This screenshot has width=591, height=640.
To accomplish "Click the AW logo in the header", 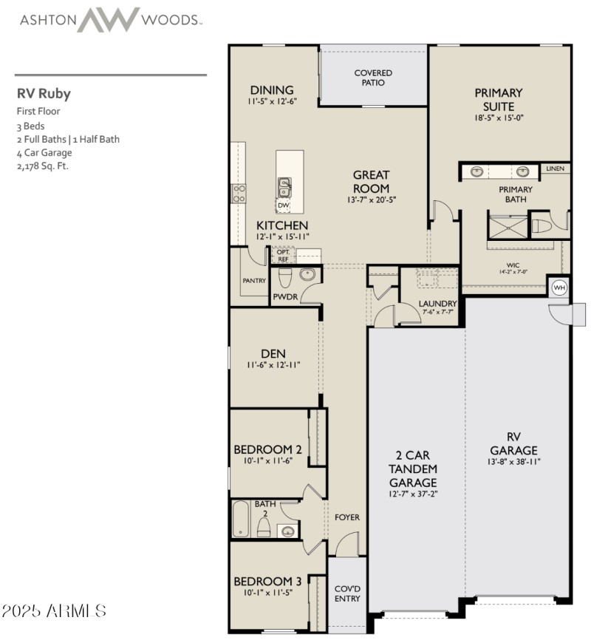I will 109,20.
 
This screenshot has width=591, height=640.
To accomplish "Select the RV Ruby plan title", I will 44,94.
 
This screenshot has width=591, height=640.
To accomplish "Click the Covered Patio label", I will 373,78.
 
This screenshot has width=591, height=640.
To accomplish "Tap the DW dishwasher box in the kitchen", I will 284,205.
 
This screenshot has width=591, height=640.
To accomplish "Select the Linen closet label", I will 554,169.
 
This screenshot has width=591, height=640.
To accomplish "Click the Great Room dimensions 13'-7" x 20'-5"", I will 372,200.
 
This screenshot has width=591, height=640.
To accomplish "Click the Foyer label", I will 347,517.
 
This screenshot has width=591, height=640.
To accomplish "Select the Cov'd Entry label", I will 346,593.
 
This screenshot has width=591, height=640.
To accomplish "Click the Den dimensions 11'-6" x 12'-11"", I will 273,365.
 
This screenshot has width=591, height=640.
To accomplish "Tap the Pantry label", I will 254,282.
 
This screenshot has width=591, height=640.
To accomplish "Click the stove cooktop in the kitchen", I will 239,194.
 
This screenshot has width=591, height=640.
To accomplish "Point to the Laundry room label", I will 437,304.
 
